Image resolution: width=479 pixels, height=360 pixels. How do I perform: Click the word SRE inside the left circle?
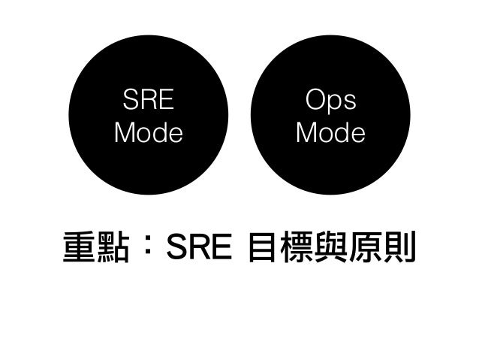click(148, 100)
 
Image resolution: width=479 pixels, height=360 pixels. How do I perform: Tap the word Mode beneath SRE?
click(148, 133)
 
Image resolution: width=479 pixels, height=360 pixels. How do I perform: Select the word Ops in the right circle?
click(330, 100)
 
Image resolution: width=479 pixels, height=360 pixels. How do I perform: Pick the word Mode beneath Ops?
click(330, 133)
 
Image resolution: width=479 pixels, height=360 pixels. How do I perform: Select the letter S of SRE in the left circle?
click(131, 100)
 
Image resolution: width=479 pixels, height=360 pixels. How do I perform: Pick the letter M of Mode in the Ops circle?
click(308, 133)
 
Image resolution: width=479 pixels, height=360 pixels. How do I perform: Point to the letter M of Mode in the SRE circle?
click(125, 133)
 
